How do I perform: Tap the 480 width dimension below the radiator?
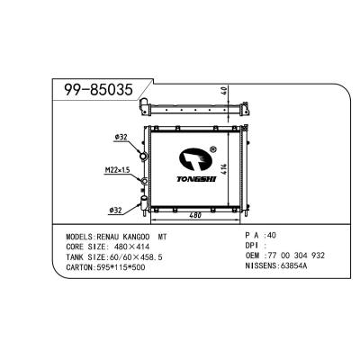[194, 213]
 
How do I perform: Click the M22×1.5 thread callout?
[116, 168]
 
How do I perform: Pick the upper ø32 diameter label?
[121, 139]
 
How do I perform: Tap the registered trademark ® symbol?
[212, 150]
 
